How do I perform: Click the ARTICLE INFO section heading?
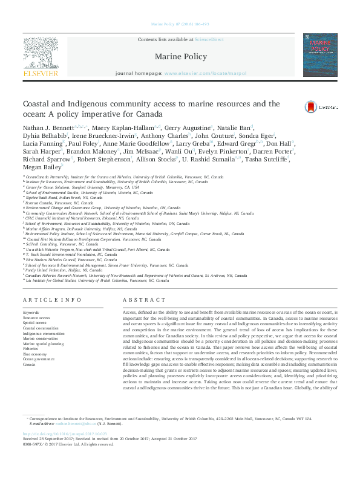(x=51, y=300)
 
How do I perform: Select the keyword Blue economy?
(x=35, y=354)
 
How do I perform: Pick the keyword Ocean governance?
(x=39, y=360)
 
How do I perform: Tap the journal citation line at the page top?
(x=180, y=24)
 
